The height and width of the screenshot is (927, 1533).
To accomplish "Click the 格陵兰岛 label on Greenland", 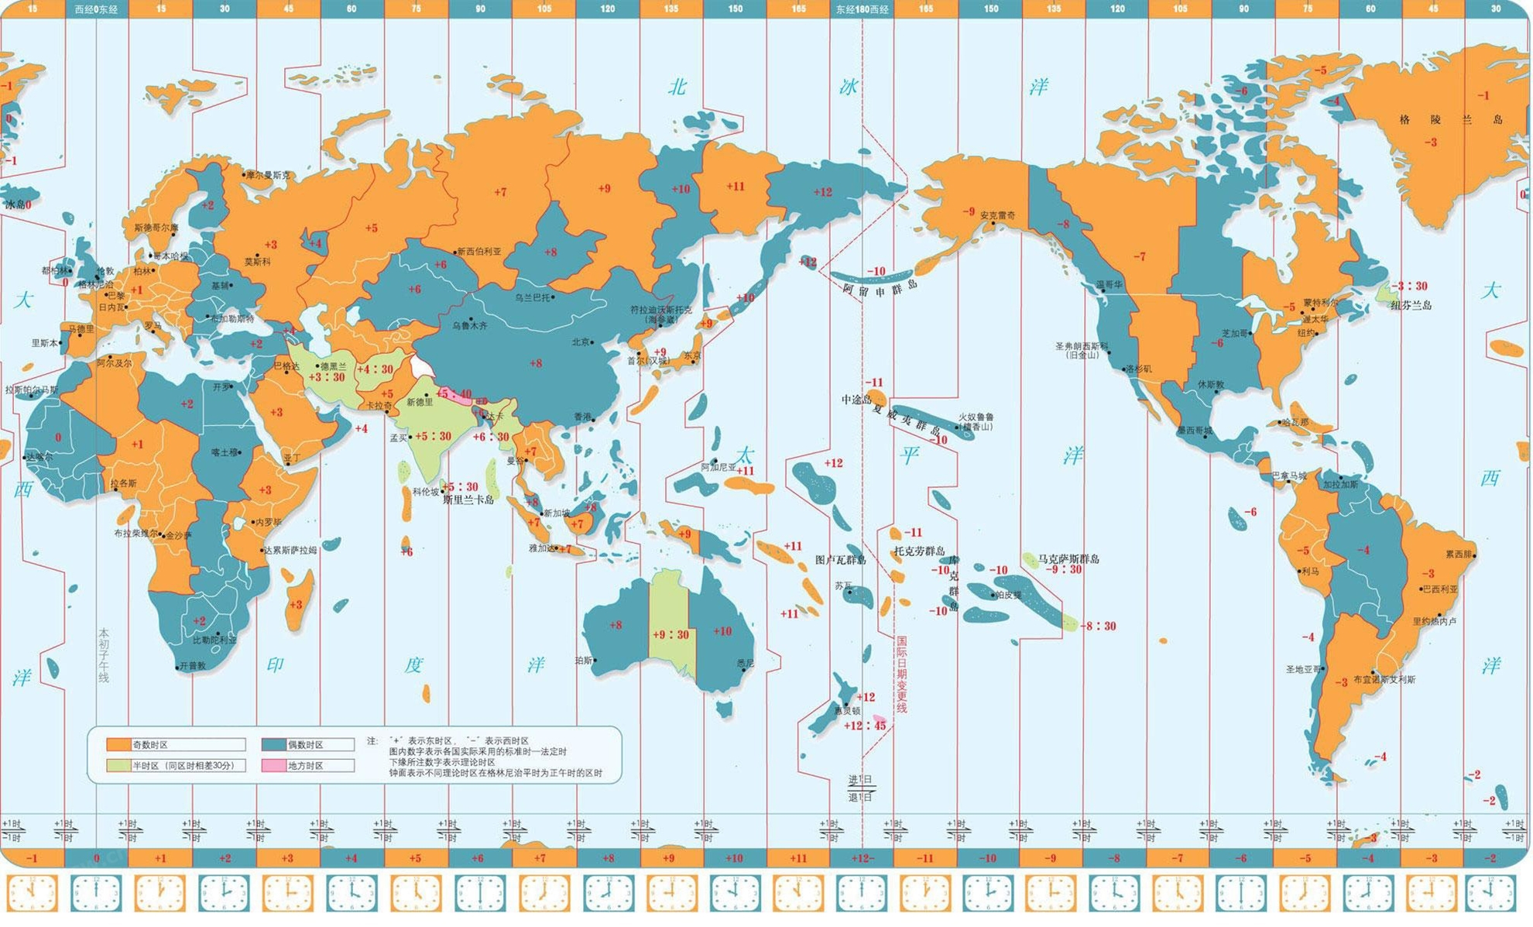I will click(1450, 119).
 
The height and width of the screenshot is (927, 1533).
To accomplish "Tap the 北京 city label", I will click(580, 342).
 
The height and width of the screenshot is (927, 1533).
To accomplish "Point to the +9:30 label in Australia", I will click(670, 634).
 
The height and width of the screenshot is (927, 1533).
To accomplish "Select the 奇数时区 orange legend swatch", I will click(118, 744).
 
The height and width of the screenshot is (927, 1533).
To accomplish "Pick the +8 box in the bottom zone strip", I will click(608, 858).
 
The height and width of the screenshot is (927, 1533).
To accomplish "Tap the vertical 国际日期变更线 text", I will click(901, 674).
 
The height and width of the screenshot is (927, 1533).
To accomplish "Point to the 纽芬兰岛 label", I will click(1411, 305).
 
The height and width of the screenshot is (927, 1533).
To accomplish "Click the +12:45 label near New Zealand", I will click(865, 726).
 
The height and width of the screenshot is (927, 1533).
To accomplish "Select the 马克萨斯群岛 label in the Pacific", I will click(1068, 558).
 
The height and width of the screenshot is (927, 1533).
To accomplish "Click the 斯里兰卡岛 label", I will click(468, 500).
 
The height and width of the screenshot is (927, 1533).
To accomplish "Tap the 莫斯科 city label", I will click(257, 263).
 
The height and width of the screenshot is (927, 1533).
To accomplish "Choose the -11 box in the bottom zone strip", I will click(924, 858).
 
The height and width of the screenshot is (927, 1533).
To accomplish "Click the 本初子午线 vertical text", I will click(103, 654).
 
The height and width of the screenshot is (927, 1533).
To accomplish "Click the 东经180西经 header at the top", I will click(862, 9).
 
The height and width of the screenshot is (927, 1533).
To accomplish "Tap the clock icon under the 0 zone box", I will click(96, 893).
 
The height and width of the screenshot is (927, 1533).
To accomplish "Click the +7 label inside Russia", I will click(500, 191).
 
